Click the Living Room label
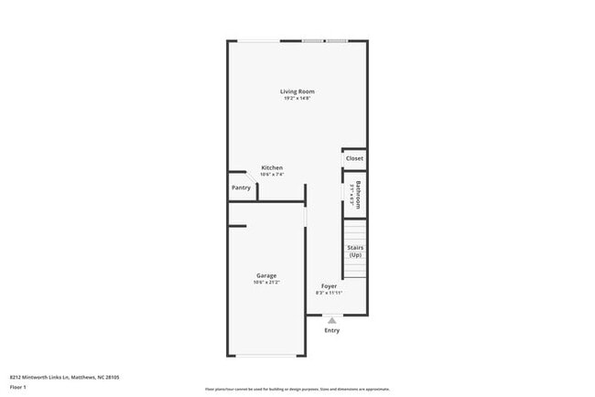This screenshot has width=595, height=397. coord(297,91)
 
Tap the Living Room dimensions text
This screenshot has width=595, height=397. coord(297,99)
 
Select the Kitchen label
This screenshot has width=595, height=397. coord(272,167)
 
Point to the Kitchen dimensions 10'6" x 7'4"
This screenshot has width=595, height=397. coord(272,175)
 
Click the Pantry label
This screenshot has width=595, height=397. coord(241,188)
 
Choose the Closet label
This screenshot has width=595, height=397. coord(354,158)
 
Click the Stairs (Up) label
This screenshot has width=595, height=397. coord(355,251)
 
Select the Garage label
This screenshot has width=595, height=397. coord(266,275)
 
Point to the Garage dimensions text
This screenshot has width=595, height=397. coord(266,283)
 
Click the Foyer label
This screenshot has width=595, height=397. coord(329,286)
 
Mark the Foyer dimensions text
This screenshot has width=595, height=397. coord(329,294)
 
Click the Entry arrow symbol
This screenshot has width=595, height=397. coord(331,320)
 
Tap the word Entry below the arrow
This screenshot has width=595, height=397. coord(331,330)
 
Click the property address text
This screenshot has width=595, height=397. coord(64,376)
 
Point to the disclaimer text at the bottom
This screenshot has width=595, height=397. coord(297,389)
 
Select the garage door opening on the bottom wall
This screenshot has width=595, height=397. coord(266,356)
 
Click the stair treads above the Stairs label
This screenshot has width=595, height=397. coord(355,230)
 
